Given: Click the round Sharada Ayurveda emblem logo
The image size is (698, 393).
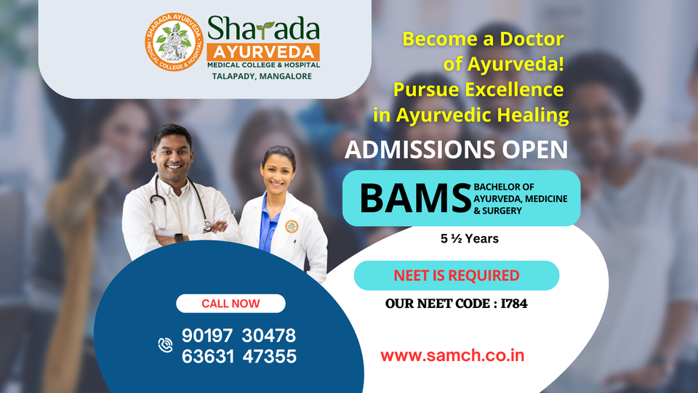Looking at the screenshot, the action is point(174,42).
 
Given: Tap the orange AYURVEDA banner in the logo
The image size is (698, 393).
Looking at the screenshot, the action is point(263,52).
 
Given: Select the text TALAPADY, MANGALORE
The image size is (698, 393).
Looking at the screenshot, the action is point(262,76).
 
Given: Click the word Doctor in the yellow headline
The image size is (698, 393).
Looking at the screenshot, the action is point(531,39).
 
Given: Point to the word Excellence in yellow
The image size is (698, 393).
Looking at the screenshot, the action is point(514,89).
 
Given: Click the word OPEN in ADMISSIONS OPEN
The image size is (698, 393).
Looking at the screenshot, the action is point(535,150).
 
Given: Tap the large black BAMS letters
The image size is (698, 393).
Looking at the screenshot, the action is point(415,198).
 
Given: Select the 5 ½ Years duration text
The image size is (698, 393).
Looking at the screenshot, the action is point(469,239).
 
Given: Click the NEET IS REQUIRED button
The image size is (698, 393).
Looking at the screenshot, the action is point(457,275).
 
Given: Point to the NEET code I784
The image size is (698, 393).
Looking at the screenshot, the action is point(514,304).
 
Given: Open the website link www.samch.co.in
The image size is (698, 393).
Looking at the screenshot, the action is point(452,355).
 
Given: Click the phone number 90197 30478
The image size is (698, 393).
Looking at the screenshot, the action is point(238,336).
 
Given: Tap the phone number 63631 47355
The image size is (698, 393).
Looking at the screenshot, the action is point(238,356).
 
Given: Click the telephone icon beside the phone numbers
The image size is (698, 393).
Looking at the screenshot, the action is point(165,345).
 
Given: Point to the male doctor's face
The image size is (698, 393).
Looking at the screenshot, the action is point(172,154).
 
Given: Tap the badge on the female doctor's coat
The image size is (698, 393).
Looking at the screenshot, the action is point(292,227).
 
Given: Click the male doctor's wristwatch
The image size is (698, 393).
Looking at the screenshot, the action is point(179,238).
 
